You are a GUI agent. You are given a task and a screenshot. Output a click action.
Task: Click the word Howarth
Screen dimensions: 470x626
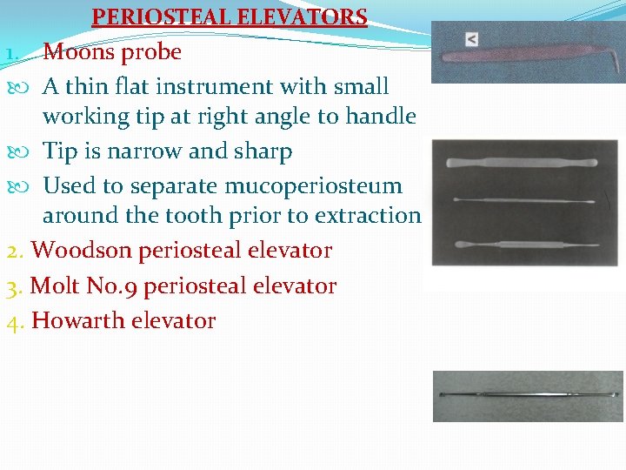[78, 320]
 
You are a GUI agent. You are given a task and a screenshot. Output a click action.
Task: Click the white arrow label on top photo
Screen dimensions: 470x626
[470, 39]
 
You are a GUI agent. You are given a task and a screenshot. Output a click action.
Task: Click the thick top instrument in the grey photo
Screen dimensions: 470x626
[521, 163]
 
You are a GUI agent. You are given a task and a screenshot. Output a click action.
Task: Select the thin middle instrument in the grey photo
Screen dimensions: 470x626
[522, 199]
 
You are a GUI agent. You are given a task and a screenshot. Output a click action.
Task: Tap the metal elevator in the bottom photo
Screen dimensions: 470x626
[527, 394]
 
